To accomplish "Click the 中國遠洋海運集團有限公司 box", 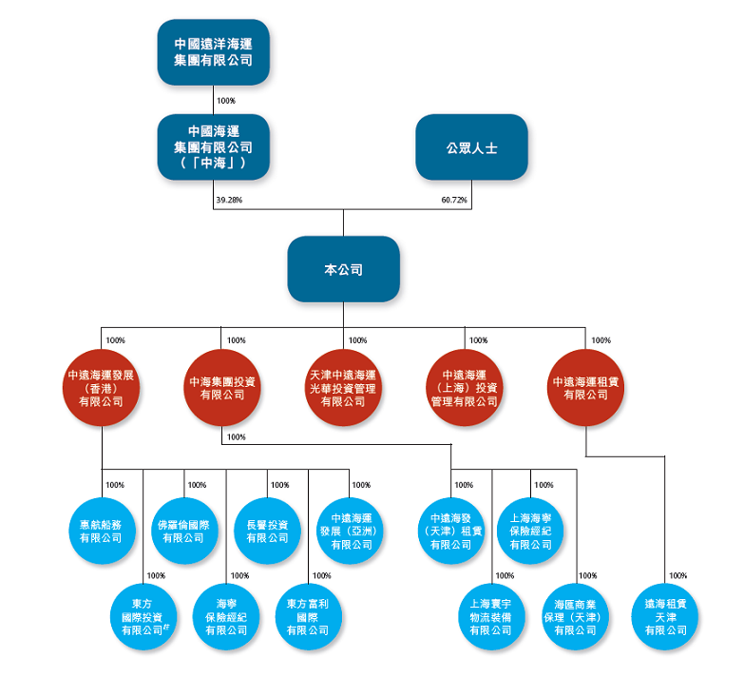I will pos(214,52).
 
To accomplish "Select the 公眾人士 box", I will pos(471,147).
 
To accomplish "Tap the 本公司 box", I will pos(343,269).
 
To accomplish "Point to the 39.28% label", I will pos(229,201).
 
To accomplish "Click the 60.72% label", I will pos(454,201).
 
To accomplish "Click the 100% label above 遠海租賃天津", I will pos(677,575).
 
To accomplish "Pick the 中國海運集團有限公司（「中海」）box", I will pos(214,147).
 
